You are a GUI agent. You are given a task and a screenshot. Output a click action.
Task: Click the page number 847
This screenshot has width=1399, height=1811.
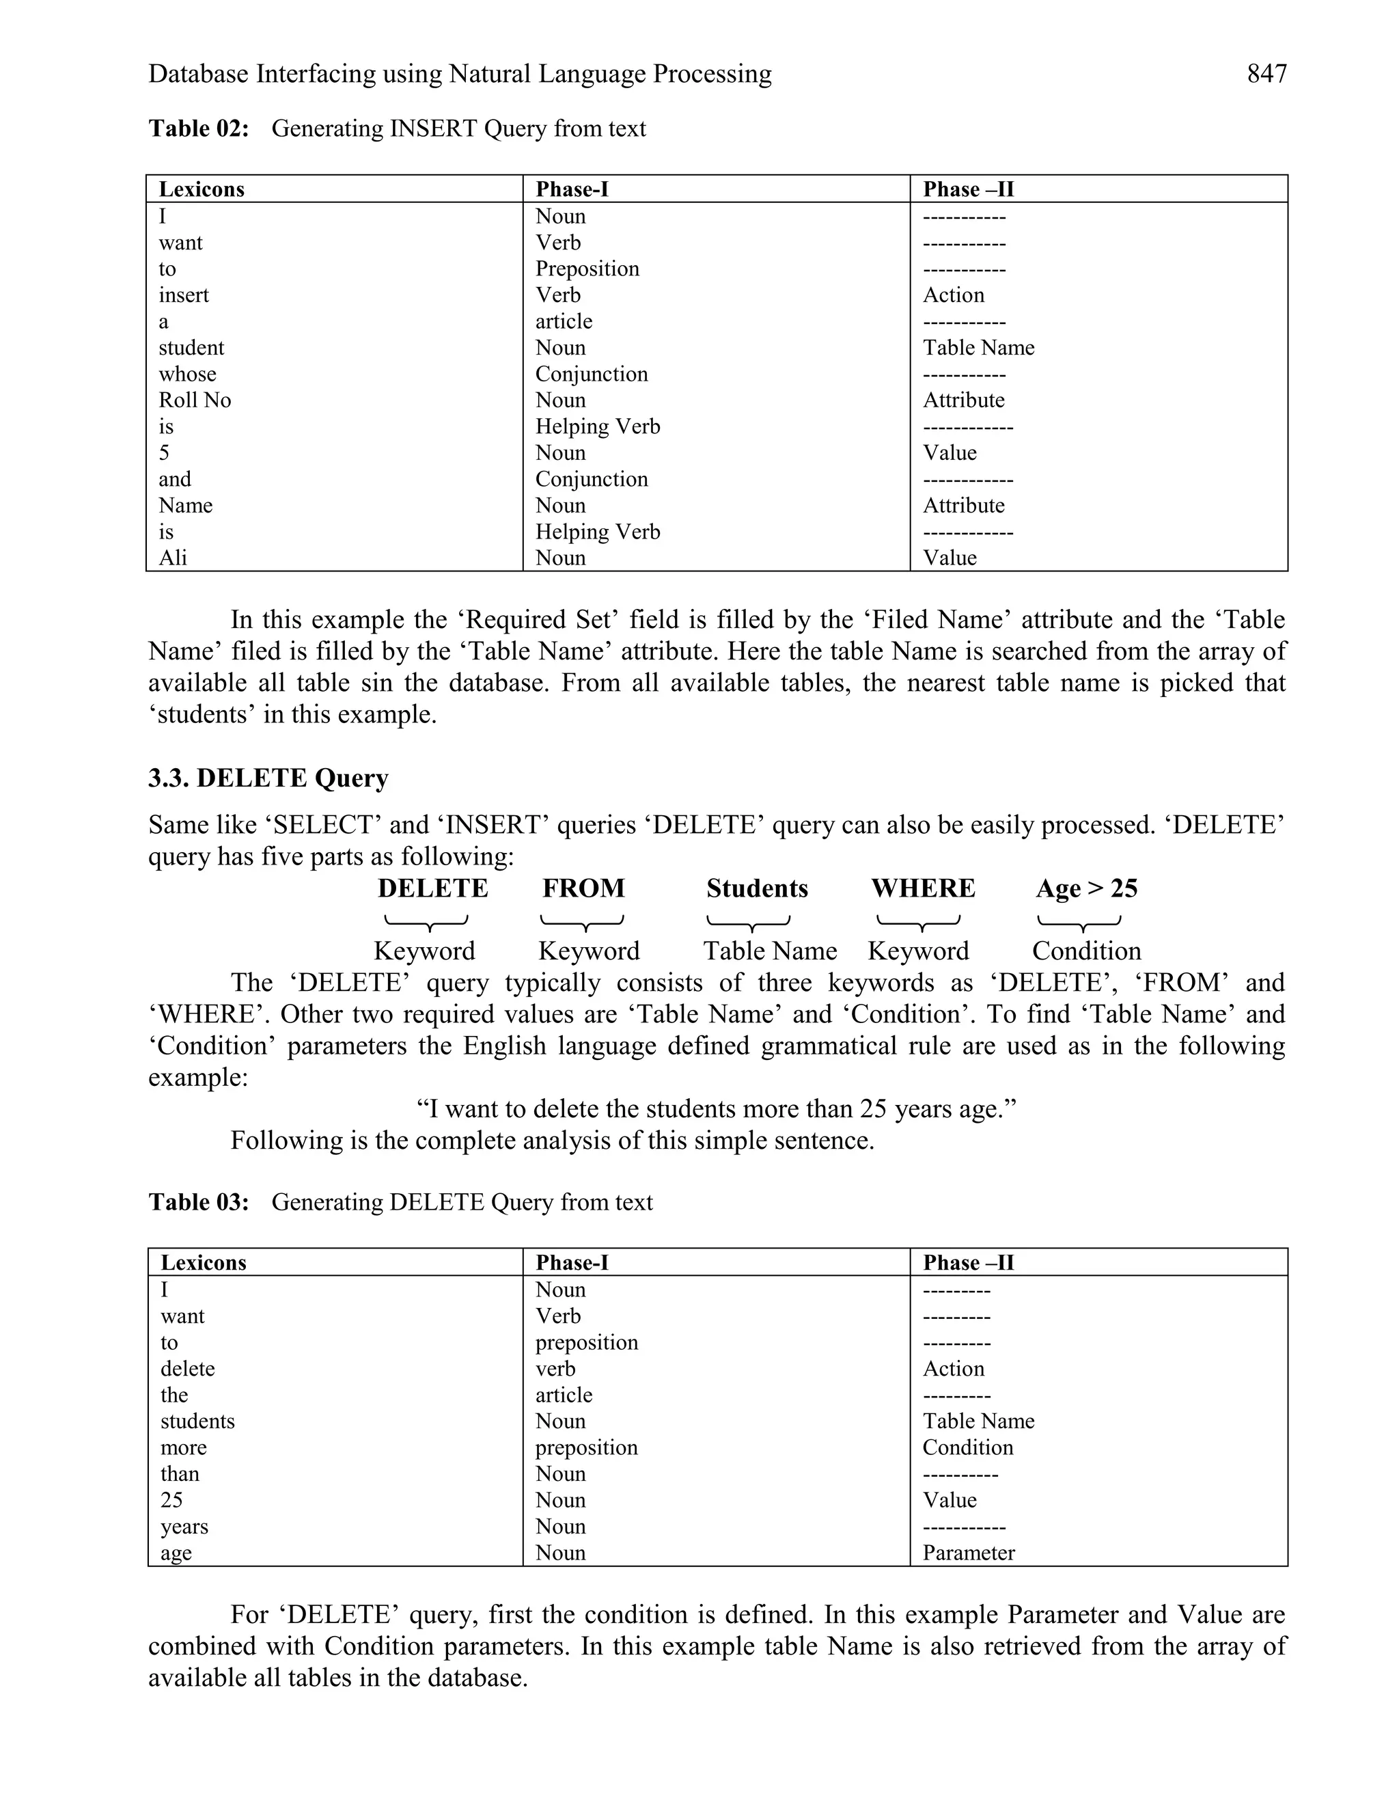click(1266, 74)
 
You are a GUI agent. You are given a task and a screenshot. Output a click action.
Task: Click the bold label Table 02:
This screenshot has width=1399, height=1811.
click(198, 128)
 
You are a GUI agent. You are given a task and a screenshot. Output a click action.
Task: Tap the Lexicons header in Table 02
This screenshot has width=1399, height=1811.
click(202, 189)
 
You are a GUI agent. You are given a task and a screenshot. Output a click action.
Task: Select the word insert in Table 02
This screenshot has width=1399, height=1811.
click(183, 295)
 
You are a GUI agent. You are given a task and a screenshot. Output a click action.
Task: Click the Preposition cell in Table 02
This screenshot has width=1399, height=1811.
click(587, 269)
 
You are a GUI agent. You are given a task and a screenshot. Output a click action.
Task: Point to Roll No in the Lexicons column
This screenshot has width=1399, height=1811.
click(195, 400)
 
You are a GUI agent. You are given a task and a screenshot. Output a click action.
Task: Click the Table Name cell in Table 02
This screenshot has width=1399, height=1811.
click(978, 347)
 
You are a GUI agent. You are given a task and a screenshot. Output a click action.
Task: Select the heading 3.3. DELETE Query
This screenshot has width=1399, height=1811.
click(268, 778)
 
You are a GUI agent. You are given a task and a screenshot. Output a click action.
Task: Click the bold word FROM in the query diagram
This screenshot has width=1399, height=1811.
click(583, 888)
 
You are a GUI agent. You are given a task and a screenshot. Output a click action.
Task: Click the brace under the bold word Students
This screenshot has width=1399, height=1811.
click(749, 922)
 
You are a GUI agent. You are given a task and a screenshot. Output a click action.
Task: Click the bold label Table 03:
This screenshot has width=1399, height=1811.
click(198, 1202)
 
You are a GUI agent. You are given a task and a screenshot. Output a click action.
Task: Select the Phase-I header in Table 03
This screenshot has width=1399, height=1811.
click(572, 1263)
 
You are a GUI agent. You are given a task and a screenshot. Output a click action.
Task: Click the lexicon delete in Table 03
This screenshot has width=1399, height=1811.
click(187, 1369)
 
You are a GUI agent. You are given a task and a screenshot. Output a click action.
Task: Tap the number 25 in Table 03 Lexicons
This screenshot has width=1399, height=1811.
click(171, 1500)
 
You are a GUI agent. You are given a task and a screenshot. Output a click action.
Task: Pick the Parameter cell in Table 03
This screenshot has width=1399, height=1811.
click(968, 1553)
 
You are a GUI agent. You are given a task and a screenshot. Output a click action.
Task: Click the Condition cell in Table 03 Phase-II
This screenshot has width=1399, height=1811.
click(967, 1448)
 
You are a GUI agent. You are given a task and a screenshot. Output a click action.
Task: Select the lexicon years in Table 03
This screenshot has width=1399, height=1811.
click(184, 1527)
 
